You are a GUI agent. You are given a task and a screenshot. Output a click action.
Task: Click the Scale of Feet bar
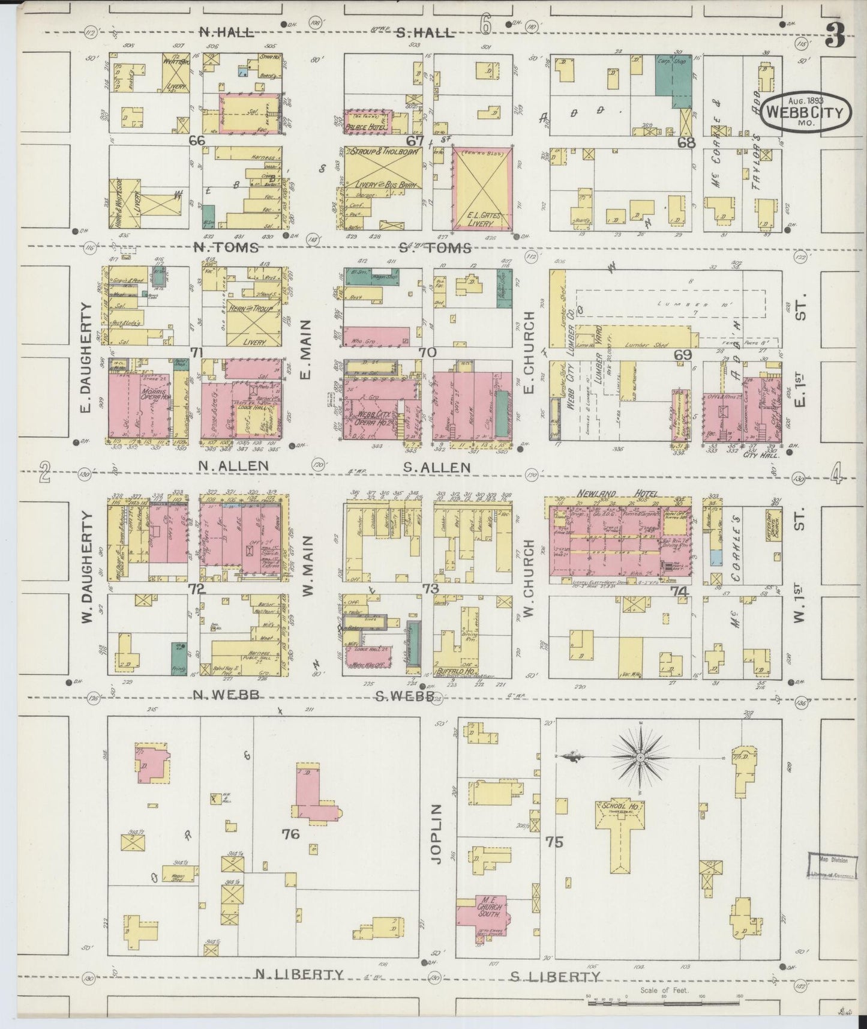[x=662, y=998]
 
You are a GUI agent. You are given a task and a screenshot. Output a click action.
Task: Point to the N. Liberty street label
[x=299, y=975]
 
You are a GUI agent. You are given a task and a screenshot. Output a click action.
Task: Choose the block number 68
[x=686, y=143]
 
